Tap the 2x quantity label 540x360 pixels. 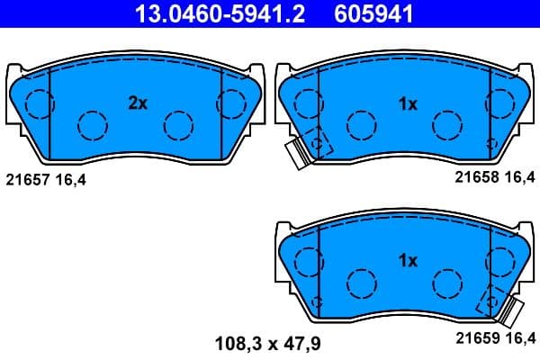[x=137, y=103]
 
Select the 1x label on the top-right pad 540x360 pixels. [x=408, y=103]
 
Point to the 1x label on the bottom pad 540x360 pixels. [x=408, y=261]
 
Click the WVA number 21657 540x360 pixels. [x=28, y=179]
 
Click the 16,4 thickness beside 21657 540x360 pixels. [x=71, y=179]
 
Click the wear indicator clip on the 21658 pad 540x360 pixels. [x=296, y=154]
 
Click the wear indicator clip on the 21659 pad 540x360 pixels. [x=514, y=311]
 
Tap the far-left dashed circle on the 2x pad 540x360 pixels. [x=37, y=104]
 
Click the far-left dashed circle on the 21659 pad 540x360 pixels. [x=307, y=262]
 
